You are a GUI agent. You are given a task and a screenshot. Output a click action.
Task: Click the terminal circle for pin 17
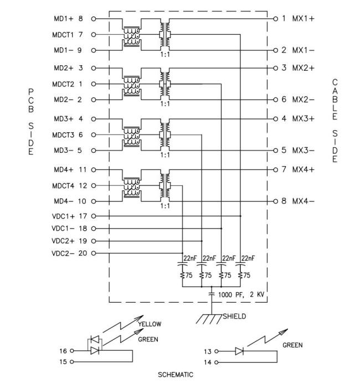(x=94, y=215)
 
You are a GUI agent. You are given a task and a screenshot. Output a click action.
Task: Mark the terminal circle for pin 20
(x=94, y=254)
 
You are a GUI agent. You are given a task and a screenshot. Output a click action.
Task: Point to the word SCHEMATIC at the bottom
(x=177, y=375)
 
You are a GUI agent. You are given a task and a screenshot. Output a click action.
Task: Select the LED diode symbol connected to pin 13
(x=239, y=351)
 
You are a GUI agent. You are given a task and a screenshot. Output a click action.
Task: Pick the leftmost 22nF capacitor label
(x=189, y=258)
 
